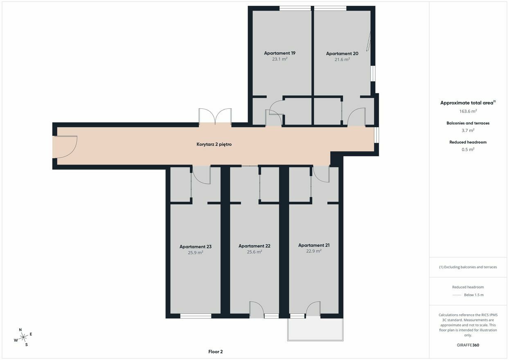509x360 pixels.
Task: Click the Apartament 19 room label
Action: pyautogui.click(x=280, y=53)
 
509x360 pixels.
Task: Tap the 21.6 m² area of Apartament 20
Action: pyautogui.click(x=342, y=59)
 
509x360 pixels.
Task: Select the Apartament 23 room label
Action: pyautogui.click(x=196, y=247)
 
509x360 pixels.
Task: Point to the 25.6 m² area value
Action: pyautogui.click(x=254, y=252)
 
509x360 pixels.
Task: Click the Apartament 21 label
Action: pyautogui.click(x=314, y=245)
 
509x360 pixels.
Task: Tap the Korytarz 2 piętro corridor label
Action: pyautogui.click(x=214, y=144)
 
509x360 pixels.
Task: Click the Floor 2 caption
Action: pyautogui.click(x=215, y=352)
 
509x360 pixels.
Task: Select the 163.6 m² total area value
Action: pyautogui.click(x=468, y=111)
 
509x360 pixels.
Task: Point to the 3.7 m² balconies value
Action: pyautogui.click(x=468, y=130)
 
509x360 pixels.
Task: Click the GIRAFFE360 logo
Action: pyautogui.click(x=468, y=345)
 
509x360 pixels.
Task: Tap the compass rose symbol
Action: pyautogui.click(x=23, y=337)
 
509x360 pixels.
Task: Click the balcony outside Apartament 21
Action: pyautogui.click(x=315, y=329)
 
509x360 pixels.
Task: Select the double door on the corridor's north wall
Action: pyautogui.click(x=215, y=117)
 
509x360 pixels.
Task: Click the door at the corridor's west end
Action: pyautogui.click(x=65, y=147)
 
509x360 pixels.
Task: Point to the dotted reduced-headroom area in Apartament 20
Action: pyautogui.click(x=368, y=42)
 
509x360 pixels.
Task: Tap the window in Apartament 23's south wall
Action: pyautogui.click(x=196, y=316)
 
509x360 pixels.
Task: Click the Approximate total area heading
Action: pyautogui.click(x=468, y=103)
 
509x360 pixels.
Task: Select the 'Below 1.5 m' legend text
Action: pyautogui.click(x=474, y=295)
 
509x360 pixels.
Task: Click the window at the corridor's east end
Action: pyautogui.click(x=376, y=135)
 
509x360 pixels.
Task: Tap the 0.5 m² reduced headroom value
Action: pyautogui.click(x=468, y=149)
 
